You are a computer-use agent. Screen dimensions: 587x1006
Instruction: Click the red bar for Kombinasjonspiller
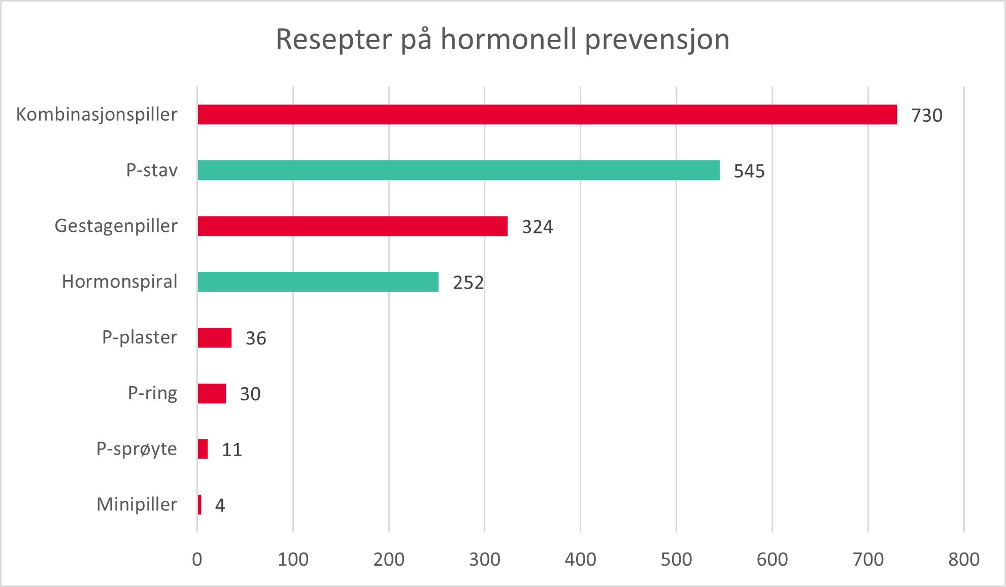pos(547,115)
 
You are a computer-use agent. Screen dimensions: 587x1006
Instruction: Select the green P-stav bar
pos(458,170)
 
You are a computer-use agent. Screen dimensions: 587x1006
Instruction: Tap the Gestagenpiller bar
pos(352,226)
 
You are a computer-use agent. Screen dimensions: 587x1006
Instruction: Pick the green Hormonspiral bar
pos(318,282)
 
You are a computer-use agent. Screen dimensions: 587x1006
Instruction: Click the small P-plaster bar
pos(214,338)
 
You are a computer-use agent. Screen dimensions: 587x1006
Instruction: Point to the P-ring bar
pos(212,394)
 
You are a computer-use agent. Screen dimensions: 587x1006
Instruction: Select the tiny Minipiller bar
pos(199,505)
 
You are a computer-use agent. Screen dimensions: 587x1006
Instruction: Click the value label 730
pos(926,116)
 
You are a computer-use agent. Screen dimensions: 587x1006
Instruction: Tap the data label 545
pos(749,171)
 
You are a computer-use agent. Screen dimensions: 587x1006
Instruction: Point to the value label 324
pos(537,227)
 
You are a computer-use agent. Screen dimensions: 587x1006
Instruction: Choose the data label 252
pos(468,283)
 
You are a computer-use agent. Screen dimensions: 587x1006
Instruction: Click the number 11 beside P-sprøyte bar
pos(231,450)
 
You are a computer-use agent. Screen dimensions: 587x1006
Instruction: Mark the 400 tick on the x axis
pos(580,560)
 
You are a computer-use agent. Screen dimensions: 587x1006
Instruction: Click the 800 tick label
pos(963,560)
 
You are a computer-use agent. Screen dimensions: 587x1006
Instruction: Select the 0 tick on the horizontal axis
pos(197,560)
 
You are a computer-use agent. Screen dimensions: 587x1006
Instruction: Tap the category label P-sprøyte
pos(137,449)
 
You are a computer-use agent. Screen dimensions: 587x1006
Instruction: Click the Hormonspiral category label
pos(119,282)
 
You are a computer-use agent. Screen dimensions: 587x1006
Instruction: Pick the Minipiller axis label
pos(137,505)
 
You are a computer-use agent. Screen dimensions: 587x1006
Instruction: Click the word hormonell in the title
pos(509,39)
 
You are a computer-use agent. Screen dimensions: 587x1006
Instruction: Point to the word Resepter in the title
pos(333,40)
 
